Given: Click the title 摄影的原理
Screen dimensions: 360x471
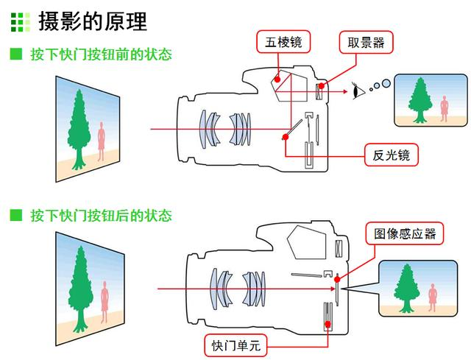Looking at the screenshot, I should point(92,21).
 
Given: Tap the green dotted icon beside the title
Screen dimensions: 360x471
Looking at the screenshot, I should point(21,21).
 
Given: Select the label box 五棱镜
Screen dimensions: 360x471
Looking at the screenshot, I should point(283,42).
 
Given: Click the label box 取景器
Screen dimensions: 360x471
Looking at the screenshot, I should point(366,42).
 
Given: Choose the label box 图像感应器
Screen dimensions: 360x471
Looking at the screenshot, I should point(405,234).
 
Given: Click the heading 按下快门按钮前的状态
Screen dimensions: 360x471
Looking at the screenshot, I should point(101,54).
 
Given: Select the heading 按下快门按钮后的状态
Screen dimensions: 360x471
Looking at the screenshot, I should point(101,215).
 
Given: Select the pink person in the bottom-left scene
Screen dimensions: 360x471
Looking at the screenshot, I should point(104,300).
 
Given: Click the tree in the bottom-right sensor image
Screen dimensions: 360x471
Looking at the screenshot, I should point(404,285).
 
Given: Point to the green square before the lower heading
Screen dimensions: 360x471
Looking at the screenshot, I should point(15,215).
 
